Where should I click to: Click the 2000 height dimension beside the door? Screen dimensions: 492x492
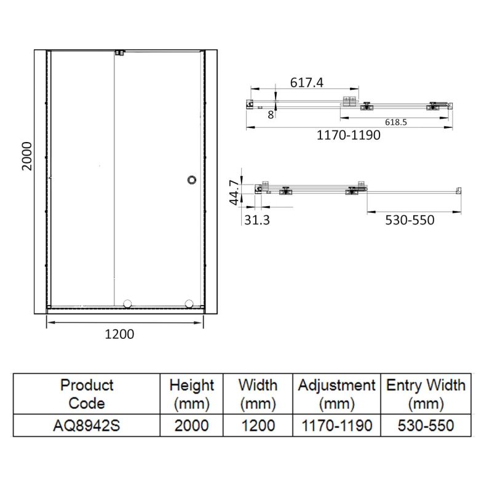pos(27,156)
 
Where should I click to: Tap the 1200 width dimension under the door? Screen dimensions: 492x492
pos(119,334)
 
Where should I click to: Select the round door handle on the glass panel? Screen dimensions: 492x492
pos(192,180)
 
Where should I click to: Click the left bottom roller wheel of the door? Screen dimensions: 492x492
pos(127,304)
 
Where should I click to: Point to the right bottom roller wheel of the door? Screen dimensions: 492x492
pos(189,304)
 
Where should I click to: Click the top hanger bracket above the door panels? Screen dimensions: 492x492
pos(120,52)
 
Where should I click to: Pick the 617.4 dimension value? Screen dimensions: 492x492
pos(306,82)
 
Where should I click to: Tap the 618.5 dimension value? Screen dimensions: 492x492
pos(396,122)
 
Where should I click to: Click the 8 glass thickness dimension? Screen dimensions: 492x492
pos(271,115)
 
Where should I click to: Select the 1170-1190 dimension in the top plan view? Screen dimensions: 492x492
pos(348,135)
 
